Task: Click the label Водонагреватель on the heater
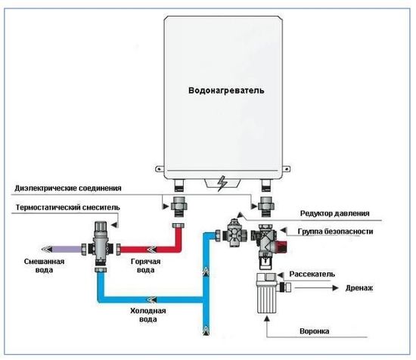[226, 91]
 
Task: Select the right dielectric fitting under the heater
[265, 203]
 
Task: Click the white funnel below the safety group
[266, 299]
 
